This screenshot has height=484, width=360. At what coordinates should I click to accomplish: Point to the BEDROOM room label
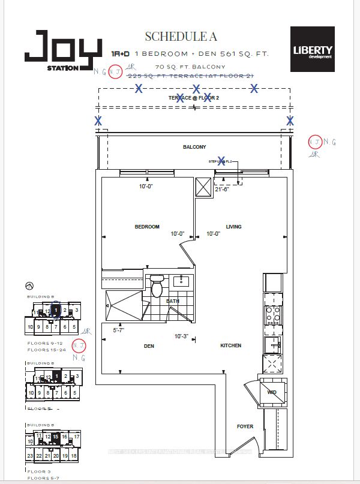click(x=147, y=227)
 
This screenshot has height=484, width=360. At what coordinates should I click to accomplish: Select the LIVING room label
click(x=233, y=227)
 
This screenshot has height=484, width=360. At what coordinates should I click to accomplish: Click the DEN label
click(x=149, y=345)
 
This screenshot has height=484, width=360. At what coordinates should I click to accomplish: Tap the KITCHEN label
click(x=230, y=345)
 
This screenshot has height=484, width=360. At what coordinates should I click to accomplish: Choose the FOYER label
click(x=245, y=426)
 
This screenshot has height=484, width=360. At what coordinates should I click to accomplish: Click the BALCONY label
click(x=194, y=147)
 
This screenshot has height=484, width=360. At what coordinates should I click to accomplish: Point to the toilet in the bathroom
click(x=157, y=286)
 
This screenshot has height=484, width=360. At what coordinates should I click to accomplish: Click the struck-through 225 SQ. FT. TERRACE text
click(x=205, y=74)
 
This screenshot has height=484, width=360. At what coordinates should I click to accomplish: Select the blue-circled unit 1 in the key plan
click(x=56, y=311)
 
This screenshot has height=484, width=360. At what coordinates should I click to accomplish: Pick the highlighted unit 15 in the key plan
click(x=56, y=437)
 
